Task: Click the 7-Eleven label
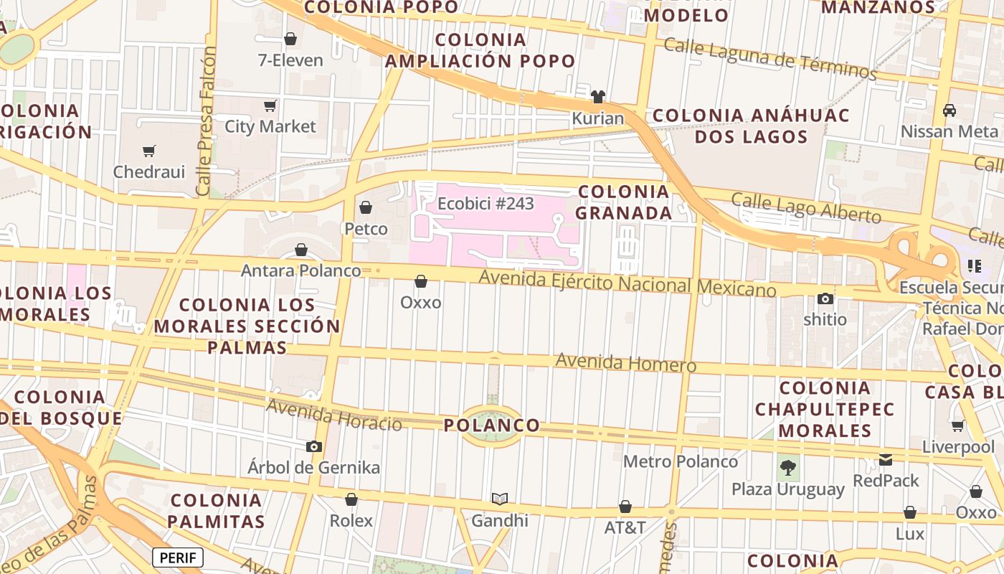290,60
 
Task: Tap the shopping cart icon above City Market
270,106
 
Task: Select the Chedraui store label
149,172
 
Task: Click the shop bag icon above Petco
366,207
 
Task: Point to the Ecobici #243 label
486,204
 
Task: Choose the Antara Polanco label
300,270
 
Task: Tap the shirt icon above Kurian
598,97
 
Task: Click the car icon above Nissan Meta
949,110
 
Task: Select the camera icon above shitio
825,298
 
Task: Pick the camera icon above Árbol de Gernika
313,446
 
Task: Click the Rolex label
351,521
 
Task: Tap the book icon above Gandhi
500,499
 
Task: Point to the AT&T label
625,528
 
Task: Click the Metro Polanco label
680,461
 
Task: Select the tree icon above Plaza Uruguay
788,468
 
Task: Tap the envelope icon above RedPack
886,460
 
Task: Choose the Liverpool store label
958,447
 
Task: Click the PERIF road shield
178,557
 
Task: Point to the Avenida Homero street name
625,362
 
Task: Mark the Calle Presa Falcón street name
207,122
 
